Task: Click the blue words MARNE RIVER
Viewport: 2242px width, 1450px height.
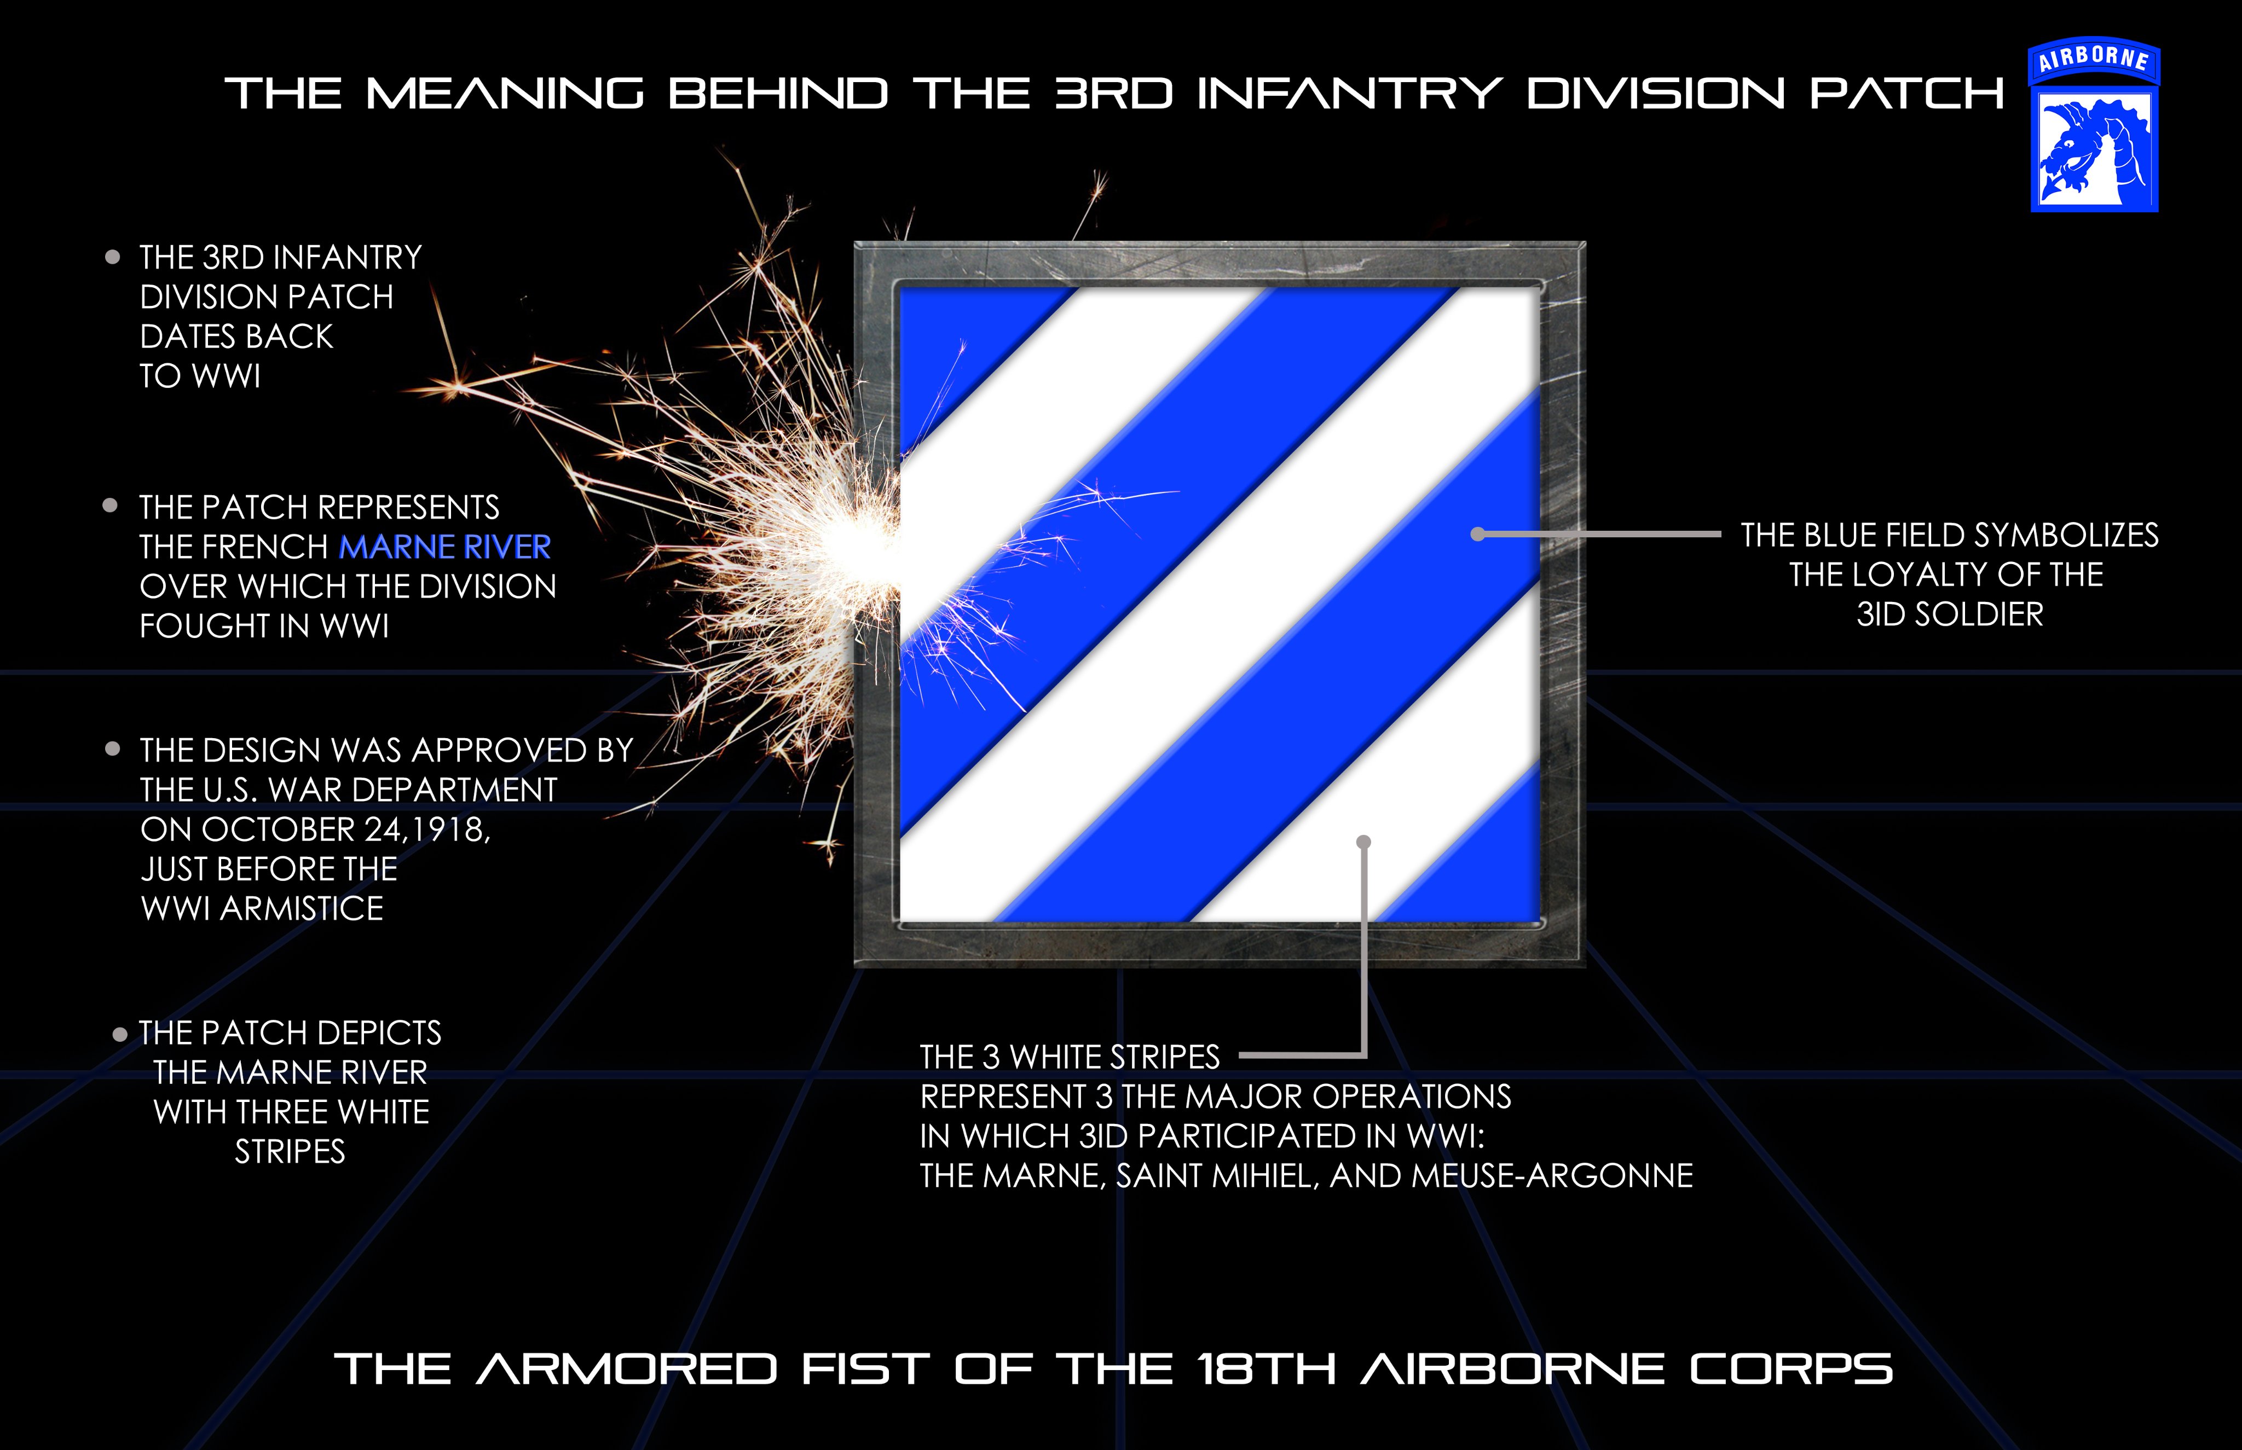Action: (x=444, y=547)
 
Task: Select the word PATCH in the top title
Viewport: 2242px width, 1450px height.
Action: (x=1907, y=94)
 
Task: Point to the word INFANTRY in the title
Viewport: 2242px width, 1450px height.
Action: (x=1349, y=94)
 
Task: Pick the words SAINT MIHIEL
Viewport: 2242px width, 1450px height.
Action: (x=1217, y=1176)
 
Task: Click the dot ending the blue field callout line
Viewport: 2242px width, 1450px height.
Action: (x=1477, y=534)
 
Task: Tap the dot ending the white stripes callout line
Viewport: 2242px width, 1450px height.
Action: (x=1363, y=842)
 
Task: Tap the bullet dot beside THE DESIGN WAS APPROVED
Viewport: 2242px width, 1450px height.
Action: (x=113, y=750)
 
